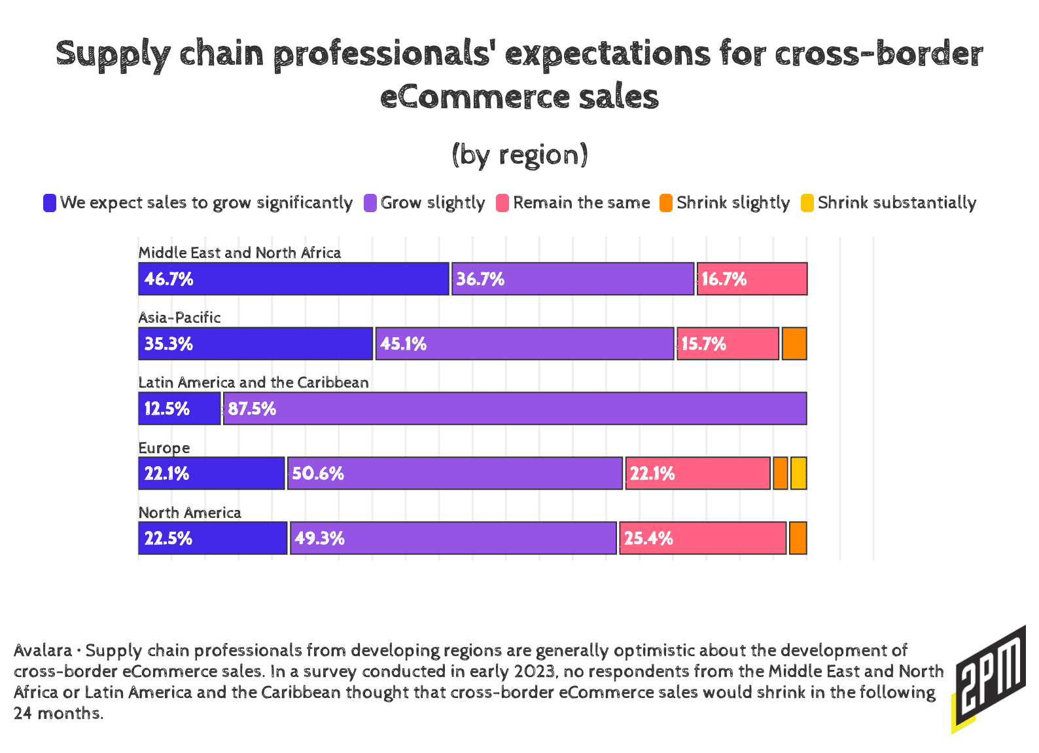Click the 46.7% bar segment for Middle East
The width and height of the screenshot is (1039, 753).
pos(294,279)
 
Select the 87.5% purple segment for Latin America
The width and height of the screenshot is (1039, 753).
pos(515,409)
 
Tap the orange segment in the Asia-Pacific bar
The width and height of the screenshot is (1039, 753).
pos(794,344)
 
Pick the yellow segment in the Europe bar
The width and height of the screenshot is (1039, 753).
pos(798,473)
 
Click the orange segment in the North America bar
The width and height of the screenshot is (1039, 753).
pos(798,538)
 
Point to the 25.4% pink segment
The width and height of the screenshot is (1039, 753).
pos(703,538)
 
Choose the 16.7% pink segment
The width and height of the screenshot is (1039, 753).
pos(752,279)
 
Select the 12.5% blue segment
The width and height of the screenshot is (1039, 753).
pos(179,409)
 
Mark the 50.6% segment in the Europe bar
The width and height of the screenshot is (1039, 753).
pos(455,473)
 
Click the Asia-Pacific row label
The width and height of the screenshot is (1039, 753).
pos(179,318)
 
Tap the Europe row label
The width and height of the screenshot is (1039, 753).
pos(164,448)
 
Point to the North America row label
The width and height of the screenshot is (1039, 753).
pos(190,513)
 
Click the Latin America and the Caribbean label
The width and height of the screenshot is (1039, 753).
pos(253,382)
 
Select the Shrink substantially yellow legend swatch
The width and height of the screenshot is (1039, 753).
pos(808,203)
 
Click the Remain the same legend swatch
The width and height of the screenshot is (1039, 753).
pos(502,203)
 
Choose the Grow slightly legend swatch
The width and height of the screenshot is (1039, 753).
pos(370,203)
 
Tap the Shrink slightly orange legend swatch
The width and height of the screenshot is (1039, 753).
pos(666,203)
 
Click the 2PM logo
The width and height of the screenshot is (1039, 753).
pos(989,680)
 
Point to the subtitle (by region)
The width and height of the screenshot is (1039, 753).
pos(519,155)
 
